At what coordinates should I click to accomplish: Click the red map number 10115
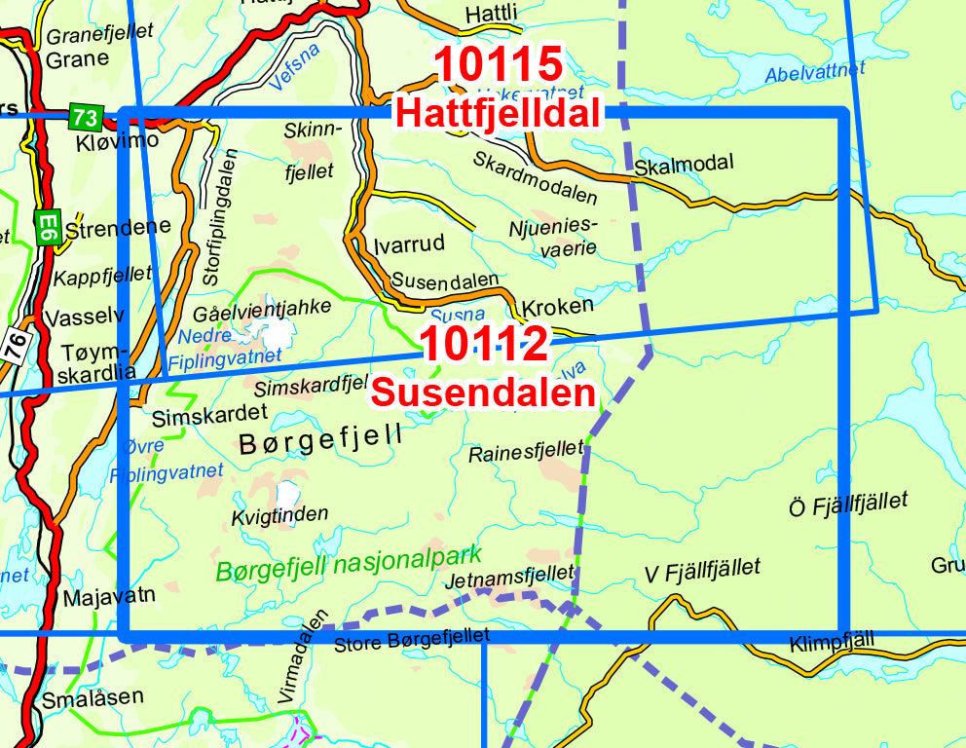pos(498,65)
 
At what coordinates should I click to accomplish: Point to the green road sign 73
pos(85,118)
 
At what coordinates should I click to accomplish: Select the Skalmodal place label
pos(683,163)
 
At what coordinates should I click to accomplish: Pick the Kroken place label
pos(557,306)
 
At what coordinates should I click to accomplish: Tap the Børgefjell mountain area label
pos(320,440)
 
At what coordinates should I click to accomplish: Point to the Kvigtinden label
pos(279,514)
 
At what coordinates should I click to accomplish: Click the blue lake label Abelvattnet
pos(814,71)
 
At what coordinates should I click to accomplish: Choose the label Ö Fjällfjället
pos(847,505)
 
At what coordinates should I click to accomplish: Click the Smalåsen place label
pos(93,697)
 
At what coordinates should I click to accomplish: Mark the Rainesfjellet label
pos(526,452)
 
